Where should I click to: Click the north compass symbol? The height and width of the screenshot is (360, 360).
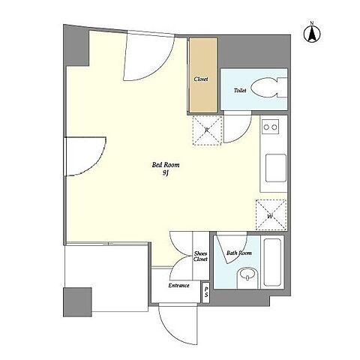[312, 33]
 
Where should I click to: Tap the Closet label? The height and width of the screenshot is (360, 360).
[201, 79]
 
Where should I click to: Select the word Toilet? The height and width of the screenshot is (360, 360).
[240, 90]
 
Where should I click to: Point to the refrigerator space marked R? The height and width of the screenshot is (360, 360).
[207, 130]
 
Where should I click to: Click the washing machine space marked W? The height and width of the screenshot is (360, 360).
[271, 214]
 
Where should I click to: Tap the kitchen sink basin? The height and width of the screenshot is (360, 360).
[276, 168]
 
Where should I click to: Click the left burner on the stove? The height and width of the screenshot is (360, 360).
[266, 127]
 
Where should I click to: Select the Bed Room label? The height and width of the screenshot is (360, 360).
[166, 165]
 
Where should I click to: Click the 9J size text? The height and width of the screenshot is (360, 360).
[166, 173]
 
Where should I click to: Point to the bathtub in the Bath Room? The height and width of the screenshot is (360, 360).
[272, 262]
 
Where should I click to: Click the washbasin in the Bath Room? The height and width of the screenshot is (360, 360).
[247, 276]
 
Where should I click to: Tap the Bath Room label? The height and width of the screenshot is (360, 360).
[239, 253]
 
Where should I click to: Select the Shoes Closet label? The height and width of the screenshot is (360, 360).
[200, 256]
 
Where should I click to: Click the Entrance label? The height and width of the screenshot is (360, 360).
[178, 286]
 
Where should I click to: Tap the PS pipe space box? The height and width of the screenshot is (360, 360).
[205, 292]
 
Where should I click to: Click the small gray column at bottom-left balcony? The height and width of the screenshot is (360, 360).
[77, 302]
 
